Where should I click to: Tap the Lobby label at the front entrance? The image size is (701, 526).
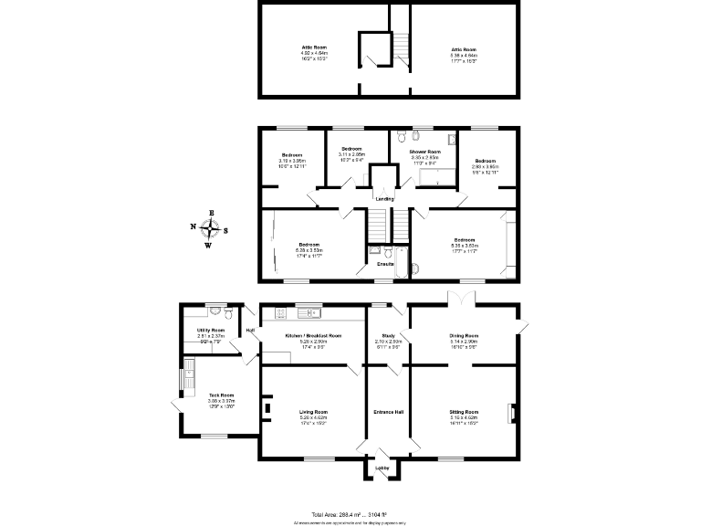click(x=382, y=468)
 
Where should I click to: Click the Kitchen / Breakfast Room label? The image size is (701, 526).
click(x=313, y=336)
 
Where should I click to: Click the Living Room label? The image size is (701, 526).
click(x=313, y=412)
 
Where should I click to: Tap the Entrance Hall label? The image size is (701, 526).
click(x=389, y=412)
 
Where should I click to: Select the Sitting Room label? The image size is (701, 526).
click(x=465, y=412)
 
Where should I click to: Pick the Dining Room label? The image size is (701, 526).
click(x=465, y=336)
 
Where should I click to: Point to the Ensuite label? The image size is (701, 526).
click(x=385, y=264)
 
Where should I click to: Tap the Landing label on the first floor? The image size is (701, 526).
click(x=384, y=198)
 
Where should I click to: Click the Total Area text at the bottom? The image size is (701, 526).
click(x=350, y=515)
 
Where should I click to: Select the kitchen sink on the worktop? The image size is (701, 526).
click(x=313, y=313)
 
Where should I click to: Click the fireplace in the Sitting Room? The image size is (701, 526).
click(x=513, y=413)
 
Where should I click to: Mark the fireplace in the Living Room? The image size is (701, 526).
click(x=266, y=408)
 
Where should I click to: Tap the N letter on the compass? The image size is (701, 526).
click(x=193, y=228)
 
